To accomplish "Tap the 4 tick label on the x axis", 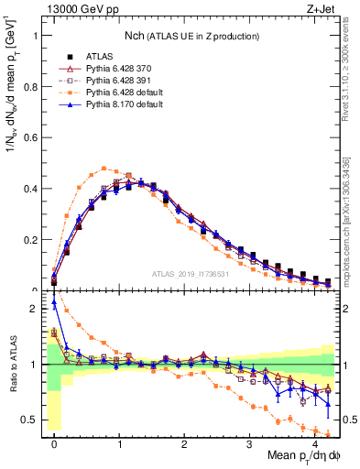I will pyautogui.click(x=314, y=443).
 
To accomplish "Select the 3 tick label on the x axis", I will pyautogui.click(x=249, y=443).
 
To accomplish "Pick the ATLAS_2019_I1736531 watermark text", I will pyautogui.click(x=189, y=275).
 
